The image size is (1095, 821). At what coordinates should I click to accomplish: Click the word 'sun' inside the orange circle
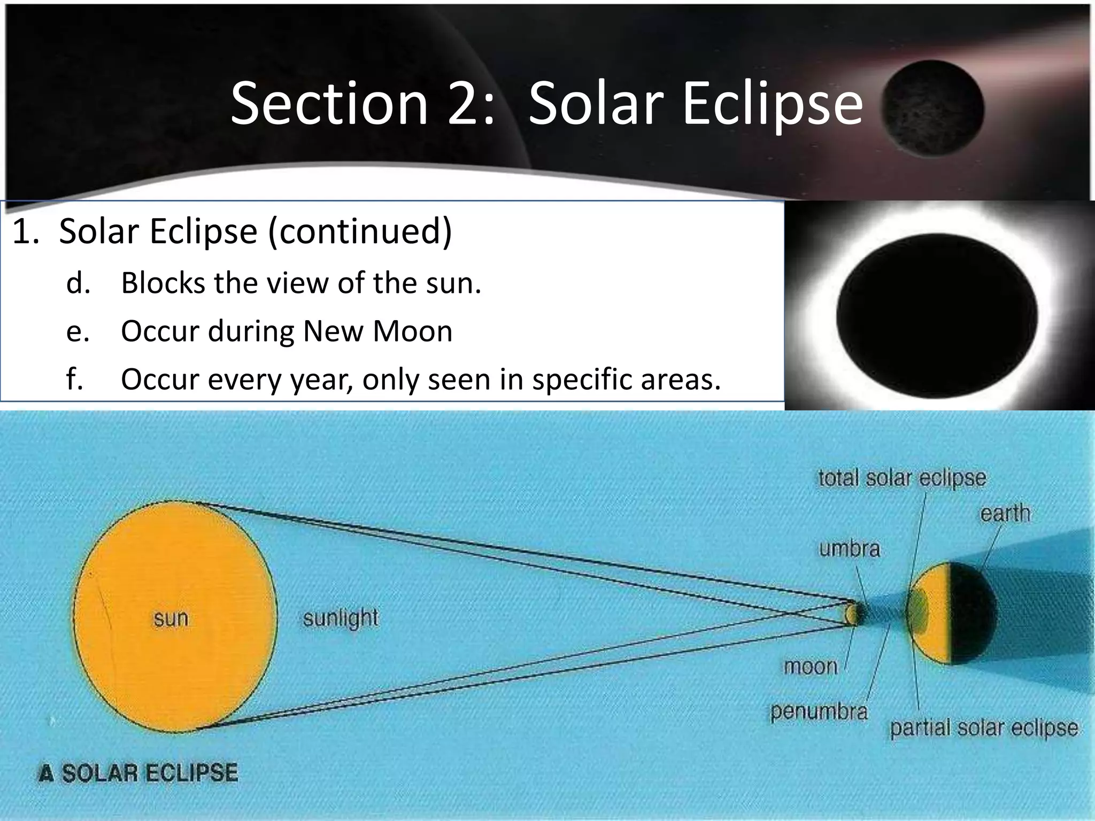171,618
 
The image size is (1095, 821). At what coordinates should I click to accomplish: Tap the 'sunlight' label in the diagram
340,618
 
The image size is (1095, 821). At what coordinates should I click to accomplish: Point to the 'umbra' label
849,549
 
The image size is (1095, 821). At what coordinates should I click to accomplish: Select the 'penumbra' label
818,712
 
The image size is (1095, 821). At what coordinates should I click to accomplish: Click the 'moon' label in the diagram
811,667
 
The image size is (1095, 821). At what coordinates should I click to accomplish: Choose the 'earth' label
1005,513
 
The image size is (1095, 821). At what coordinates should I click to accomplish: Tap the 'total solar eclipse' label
902,478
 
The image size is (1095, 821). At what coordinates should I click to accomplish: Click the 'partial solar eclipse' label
984,728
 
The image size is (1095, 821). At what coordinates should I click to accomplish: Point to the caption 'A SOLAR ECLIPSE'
138,773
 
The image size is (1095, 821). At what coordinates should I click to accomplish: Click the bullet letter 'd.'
78,283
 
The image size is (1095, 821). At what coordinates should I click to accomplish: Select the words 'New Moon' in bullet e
377,331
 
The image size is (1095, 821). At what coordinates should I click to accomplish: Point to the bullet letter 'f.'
75,379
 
